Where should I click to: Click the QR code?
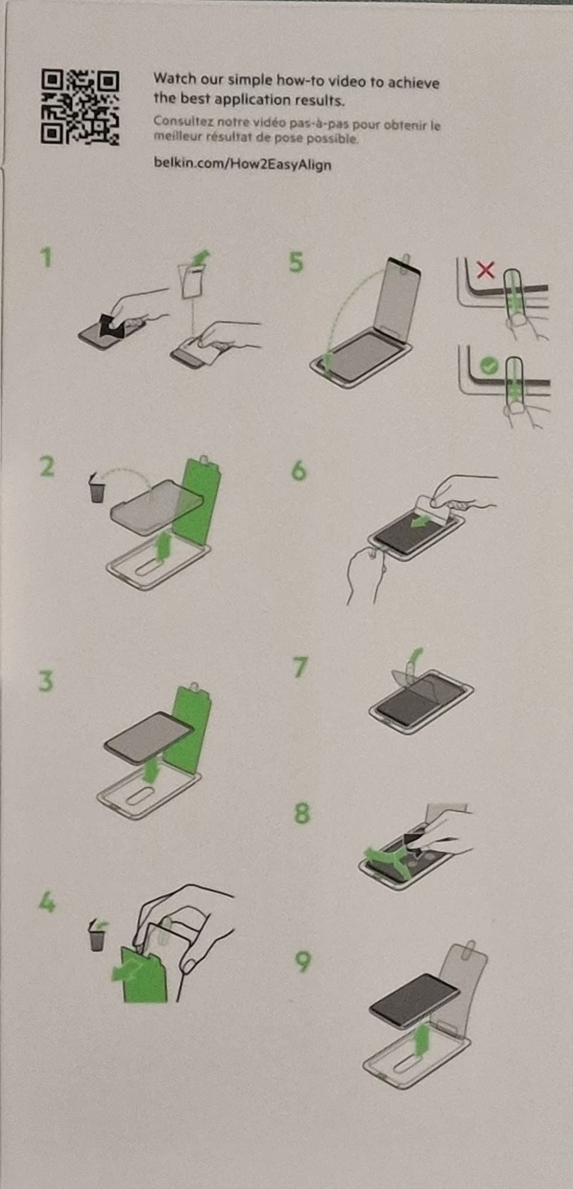coord(80,107)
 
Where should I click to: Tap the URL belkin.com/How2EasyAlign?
coord(242,163)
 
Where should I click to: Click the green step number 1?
coord(46,257)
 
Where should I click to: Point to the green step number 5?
coord(296,262)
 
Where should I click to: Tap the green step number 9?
coord(303,961)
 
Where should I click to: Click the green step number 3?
coord(46,681)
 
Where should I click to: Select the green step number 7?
coord(300,667)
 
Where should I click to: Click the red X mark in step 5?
coord(485,270)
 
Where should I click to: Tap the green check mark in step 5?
coord(488,366)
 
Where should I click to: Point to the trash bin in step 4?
coord(98,935)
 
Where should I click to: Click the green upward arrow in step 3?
coord(151,770)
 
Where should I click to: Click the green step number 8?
coord(301,813)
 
